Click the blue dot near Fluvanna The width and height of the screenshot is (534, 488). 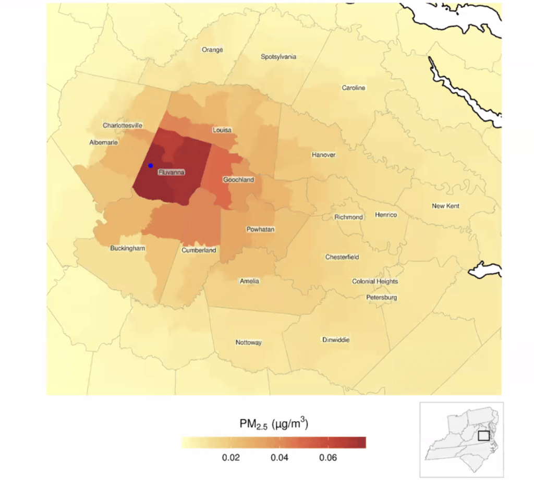(x=150, y=165)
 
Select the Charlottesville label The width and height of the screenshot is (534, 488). (x=123, y=126)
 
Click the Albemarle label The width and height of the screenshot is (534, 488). (x=104, y=142)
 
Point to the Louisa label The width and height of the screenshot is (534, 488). (x=222, y=130)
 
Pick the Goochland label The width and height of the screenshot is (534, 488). (x=238, y=179)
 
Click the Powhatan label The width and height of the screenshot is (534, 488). (x=260, y=229)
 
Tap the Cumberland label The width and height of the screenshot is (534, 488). (x=199, y=250)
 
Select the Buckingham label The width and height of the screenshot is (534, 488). (x=128, y=248)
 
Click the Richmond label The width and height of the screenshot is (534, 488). (x=348, y=217)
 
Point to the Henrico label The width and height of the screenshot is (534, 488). (x=386, y=215)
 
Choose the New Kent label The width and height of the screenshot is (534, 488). (x=445, y=206)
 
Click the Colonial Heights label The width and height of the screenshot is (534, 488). (x=375, y=281)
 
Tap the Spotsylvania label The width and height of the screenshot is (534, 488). (x=278, y=56)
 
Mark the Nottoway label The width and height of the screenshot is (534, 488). (x=248, y=343)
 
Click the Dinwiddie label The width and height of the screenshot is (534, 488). (x=336, y=340)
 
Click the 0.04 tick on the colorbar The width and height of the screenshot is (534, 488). (x=280, y=458)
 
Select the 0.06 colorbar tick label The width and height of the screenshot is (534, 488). (x=327, y=458)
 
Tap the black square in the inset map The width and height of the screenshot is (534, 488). (x=483, y=435)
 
